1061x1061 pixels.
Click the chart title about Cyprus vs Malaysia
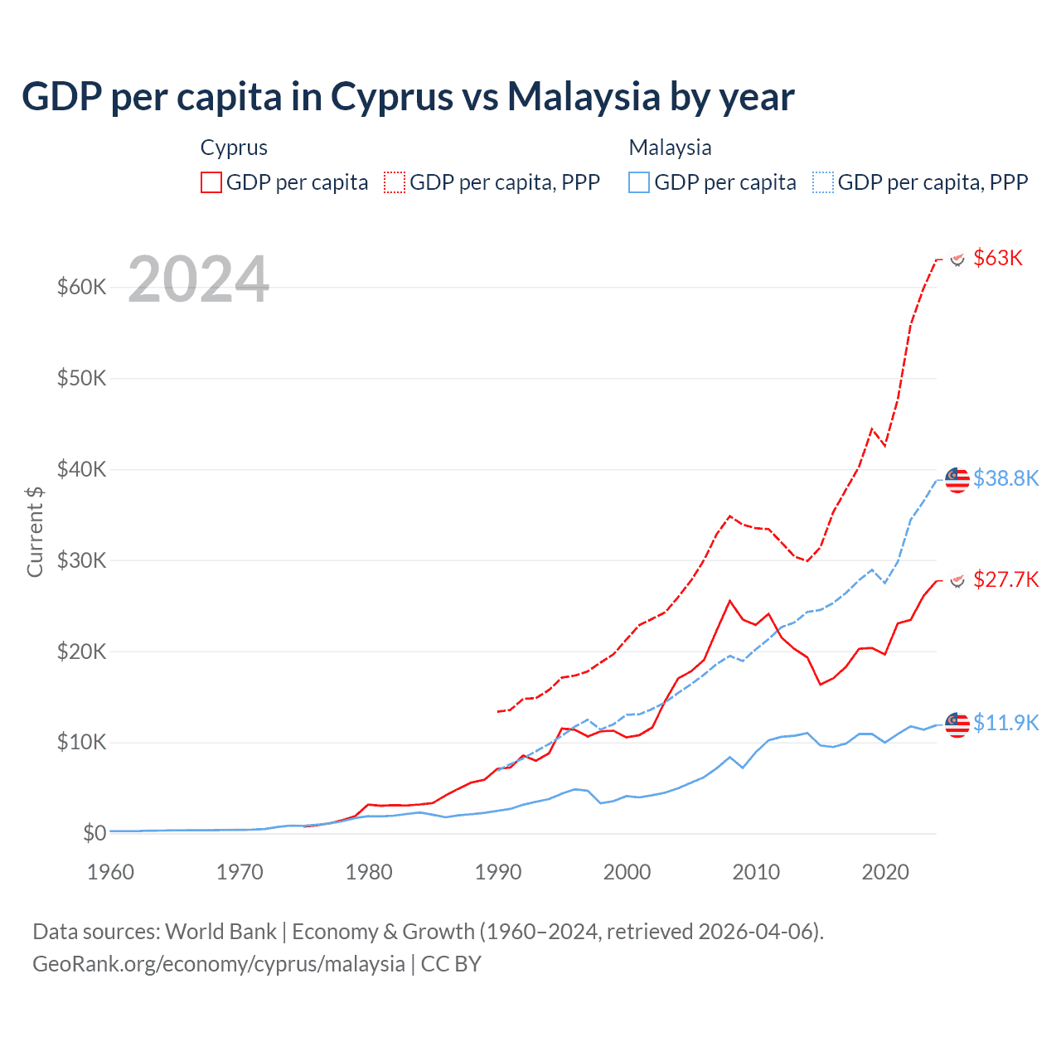pos(408,96)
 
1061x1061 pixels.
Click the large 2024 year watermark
pos(198,279)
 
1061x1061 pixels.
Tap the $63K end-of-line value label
pos(998,258)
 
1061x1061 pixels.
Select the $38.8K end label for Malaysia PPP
pos(1005,478)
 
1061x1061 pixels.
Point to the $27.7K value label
pos(1005,579)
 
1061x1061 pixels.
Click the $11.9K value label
pos(1005,723)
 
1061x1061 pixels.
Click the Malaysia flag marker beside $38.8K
pos(957,480)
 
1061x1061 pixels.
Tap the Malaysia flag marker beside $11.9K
pos(957,724)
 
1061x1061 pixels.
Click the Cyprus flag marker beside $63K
pos(957,259)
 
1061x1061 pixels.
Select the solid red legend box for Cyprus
pos(211,182)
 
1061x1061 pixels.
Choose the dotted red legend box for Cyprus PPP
pos(395,182)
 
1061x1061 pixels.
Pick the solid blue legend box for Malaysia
pos(639,182)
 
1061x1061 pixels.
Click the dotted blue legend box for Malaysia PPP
pos(823,182)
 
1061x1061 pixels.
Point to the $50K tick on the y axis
pos(82,379)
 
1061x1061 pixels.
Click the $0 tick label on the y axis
pos(94,833)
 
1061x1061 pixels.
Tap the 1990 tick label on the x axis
pos(498,872)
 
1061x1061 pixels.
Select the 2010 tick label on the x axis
pos(756,872)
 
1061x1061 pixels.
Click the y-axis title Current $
pos(35,531)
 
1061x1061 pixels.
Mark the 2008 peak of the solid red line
pos(729,600)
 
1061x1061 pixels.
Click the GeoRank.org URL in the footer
pos(218,964)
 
